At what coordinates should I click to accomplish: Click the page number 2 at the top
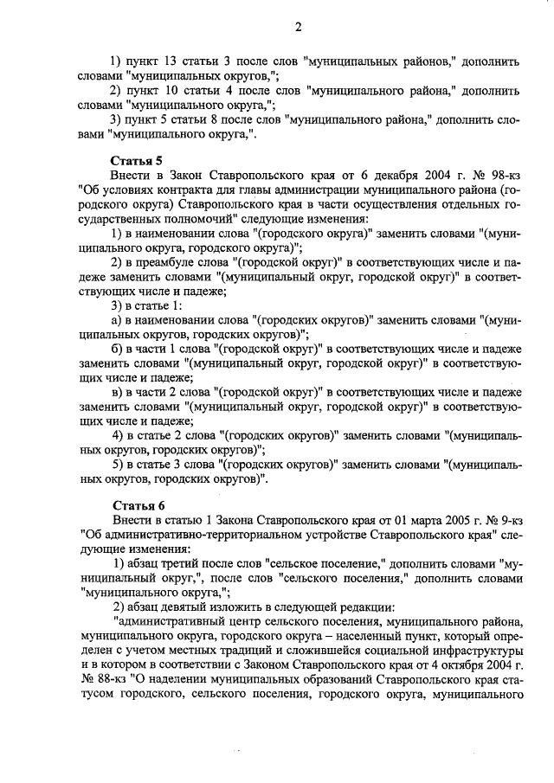(x=297, y=25)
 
